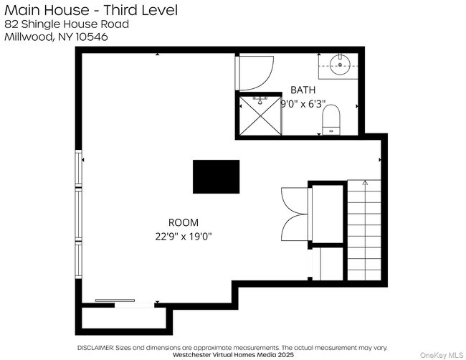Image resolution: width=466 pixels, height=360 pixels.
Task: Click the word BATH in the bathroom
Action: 302,90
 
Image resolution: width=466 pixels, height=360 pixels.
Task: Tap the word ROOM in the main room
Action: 184,222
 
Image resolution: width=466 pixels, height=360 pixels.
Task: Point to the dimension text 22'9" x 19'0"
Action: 184,235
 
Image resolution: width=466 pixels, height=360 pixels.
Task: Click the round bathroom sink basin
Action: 340,65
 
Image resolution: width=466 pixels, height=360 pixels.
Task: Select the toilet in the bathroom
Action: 331,119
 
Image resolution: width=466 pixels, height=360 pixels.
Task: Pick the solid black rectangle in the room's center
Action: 216,176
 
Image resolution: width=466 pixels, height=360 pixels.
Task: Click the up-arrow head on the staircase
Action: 364,184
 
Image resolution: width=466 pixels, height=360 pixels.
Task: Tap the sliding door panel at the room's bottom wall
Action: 115,301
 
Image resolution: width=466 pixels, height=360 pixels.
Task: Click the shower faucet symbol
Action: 260,98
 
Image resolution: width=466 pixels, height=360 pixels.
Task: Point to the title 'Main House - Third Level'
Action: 91,9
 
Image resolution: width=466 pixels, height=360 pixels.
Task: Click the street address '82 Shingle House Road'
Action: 67,24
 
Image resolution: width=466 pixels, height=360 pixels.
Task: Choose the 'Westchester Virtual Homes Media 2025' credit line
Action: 232,354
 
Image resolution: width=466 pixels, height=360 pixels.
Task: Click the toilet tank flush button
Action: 331,129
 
